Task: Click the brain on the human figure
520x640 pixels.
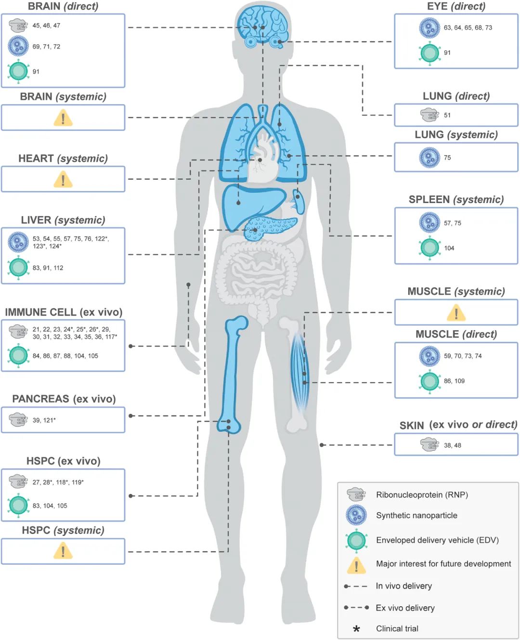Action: (262, 22)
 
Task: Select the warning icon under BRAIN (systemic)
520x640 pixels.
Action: (63, 118)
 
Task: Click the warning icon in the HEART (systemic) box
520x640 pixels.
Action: (63, 180)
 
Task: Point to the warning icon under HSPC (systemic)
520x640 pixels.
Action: (63, 551)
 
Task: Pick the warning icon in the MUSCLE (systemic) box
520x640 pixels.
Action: (456, 313)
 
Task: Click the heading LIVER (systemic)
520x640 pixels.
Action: (63, 220)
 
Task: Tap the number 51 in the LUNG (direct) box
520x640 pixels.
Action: (447, 115)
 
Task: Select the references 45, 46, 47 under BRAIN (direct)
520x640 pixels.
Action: (46, 26)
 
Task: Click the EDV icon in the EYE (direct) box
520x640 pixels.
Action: (429, 53)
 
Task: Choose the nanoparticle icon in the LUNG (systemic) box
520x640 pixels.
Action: (429, 158)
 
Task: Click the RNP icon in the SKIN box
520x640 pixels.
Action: (429, 445)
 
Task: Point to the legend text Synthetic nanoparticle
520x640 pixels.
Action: (416, 515)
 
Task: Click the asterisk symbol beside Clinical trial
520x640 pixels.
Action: (356, 629)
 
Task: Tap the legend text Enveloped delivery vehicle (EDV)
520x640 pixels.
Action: (437, 540)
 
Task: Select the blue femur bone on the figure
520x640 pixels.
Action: (234, 371)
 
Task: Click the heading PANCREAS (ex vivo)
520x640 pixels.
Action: (64, 399)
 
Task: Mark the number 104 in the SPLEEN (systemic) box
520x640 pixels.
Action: (449, 248)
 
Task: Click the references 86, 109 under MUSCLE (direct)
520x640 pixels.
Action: (454, 381)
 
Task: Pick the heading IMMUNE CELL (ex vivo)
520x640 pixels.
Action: (64, 312)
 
